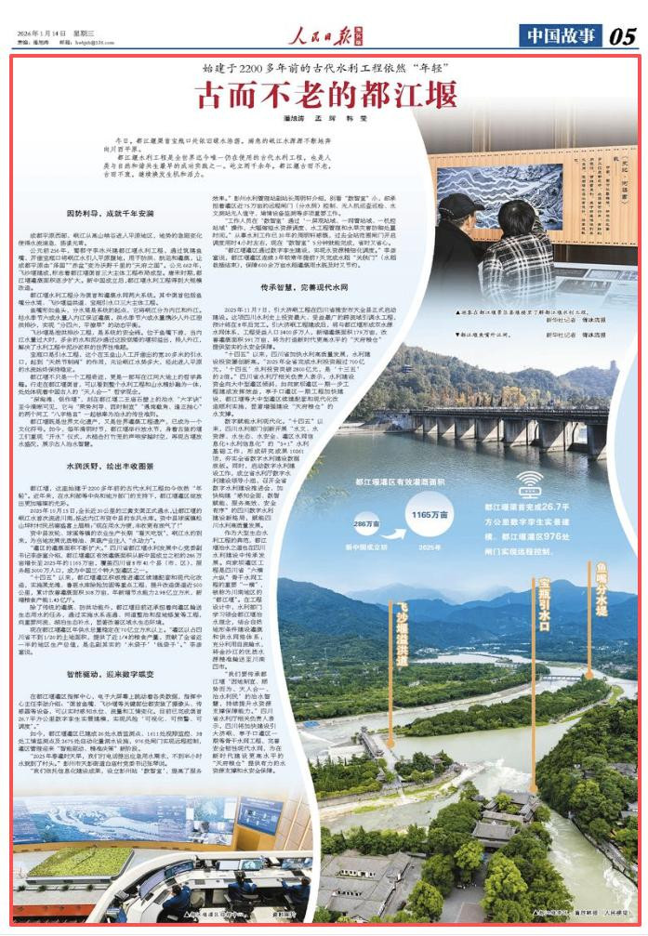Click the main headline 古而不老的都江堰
pyautogui.click(x=325, y=96)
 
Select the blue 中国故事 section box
pyautogui.click(x=556, y=37)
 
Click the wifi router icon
pyautogui.click(x=529, y=483)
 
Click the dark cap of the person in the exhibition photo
pyautogui.click(x=460, y=204)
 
